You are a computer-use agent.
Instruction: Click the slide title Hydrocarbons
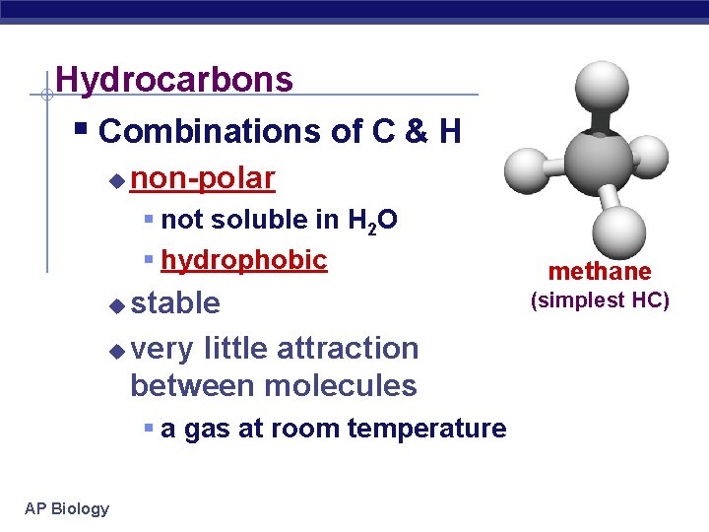point(174,79)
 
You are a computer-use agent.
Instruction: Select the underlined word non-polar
point(203,178)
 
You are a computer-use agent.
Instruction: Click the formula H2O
point(372,220)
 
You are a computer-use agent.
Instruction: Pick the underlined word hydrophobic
point(243,260)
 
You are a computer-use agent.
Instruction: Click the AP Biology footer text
point(67,508)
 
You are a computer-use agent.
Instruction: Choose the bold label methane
point(600,271)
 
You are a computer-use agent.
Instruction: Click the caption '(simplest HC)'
point(600,299)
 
